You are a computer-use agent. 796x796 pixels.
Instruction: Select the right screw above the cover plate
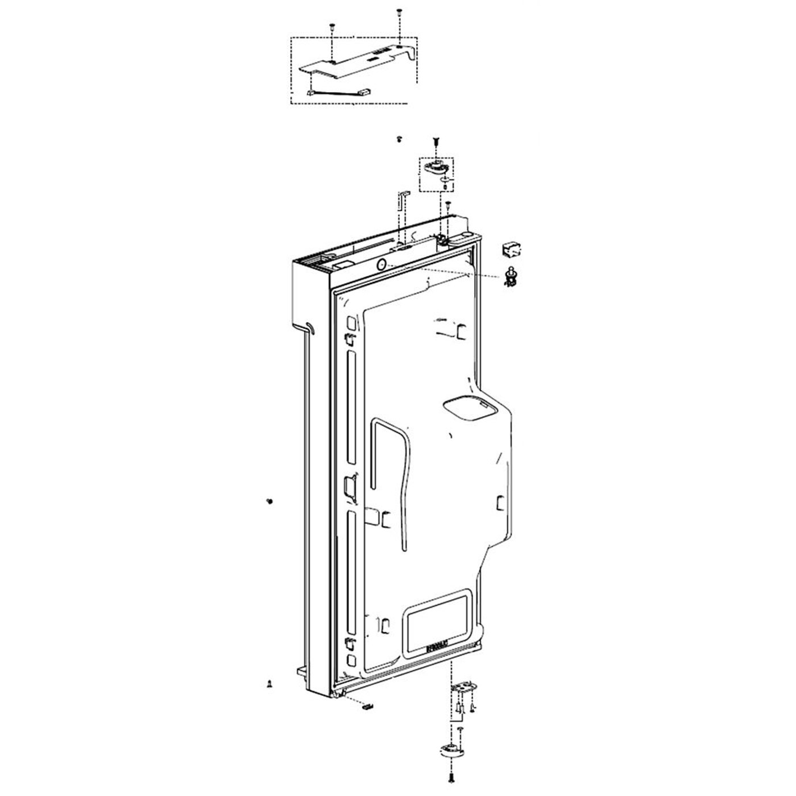[x=400, y=12]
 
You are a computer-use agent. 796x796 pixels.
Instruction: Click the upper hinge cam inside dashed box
[x=436, y=167]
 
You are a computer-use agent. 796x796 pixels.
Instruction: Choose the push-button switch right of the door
[x=509, y=276]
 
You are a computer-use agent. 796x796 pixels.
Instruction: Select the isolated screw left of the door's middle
[x=269, y=501]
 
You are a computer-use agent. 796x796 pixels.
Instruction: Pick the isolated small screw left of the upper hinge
[x=399, y=139]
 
